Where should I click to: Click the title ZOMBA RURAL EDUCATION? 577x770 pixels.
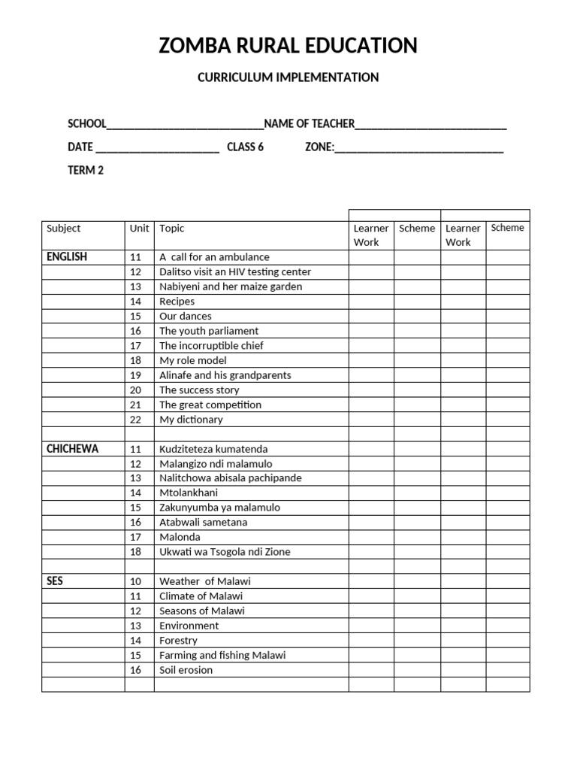288,46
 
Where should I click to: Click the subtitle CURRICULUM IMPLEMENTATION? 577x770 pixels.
288,77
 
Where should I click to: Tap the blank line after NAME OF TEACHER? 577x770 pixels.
430,126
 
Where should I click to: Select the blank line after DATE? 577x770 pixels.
157,149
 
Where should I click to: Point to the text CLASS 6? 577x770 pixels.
245,147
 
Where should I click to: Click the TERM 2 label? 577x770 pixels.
86,170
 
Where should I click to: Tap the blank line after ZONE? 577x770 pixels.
418,149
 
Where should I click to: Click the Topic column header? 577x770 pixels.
172,229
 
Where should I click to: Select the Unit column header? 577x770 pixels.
139,229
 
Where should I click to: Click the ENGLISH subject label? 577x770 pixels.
67,257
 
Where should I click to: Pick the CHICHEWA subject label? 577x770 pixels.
72,449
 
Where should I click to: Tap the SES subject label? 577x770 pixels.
55,581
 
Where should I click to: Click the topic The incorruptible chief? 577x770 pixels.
211,346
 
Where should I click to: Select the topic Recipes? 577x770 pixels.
177,302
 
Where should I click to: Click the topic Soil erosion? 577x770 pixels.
186,670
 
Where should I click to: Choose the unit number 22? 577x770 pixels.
135,420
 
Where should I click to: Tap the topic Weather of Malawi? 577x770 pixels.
204,581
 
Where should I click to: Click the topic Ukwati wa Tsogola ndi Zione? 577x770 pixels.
224,552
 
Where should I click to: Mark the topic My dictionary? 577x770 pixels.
191,420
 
